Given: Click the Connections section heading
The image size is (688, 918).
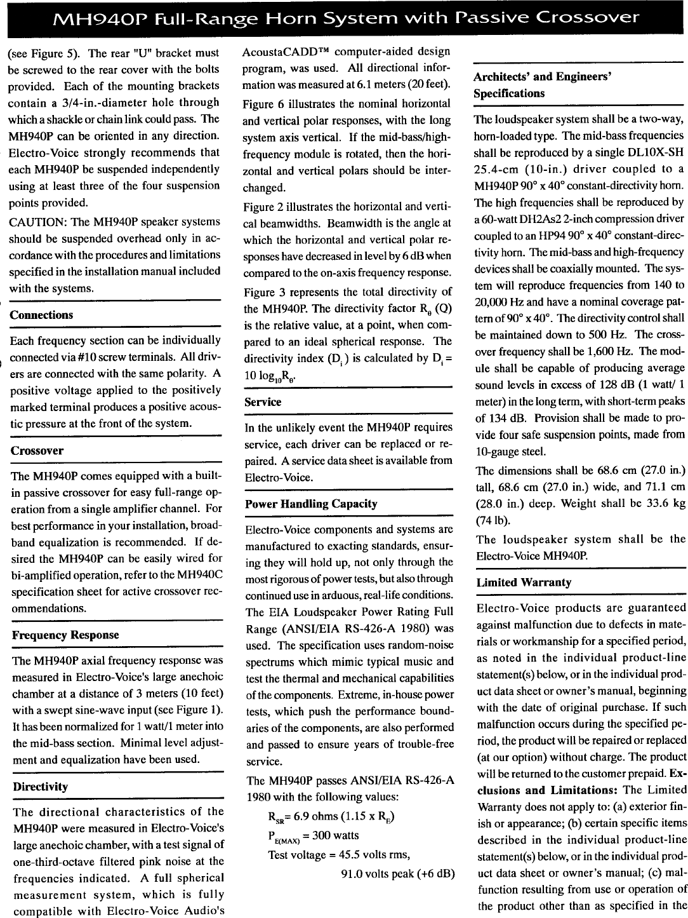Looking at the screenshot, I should [41, 315].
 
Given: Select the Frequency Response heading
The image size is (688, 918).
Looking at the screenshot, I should [65, 635].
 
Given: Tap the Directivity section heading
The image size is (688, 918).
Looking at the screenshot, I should [40, 786].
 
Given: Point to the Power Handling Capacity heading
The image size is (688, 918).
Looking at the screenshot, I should [311, 504].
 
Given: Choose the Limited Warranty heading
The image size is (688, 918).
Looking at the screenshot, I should [524, 582].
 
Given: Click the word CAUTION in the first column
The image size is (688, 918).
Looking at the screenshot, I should [34, 222].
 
